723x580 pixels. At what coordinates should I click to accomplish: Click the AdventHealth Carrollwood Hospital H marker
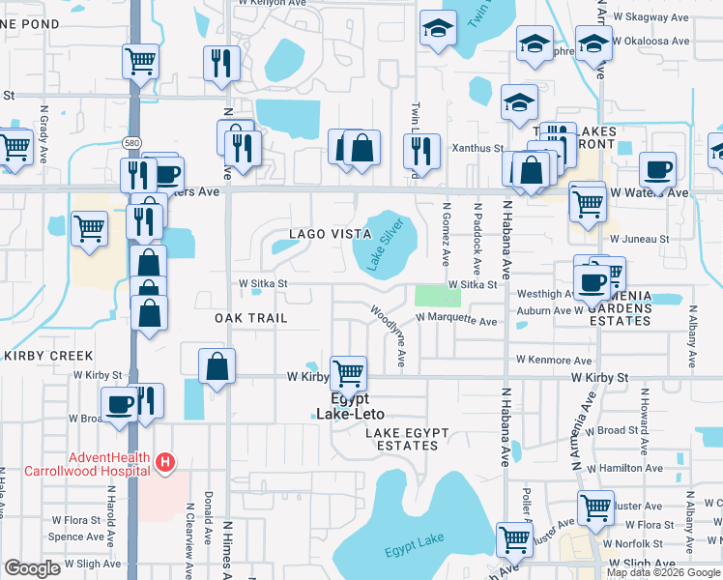tap(165, 463)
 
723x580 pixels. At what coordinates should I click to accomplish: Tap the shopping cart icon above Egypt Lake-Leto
tap(348, 372)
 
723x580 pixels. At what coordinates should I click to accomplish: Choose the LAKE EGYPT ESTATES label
tap(401, 438)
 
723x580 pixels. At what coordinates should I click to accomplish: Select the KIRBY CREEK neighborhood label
tap(47, 356)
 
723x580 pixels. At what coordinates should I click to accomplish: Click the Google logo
tap(33, 569)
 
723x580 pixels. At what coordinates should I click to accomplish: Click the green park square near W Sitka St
tap(438, 296)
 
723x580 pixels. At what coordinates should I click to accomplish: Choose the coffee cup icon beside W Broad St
tap(121, 404)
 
